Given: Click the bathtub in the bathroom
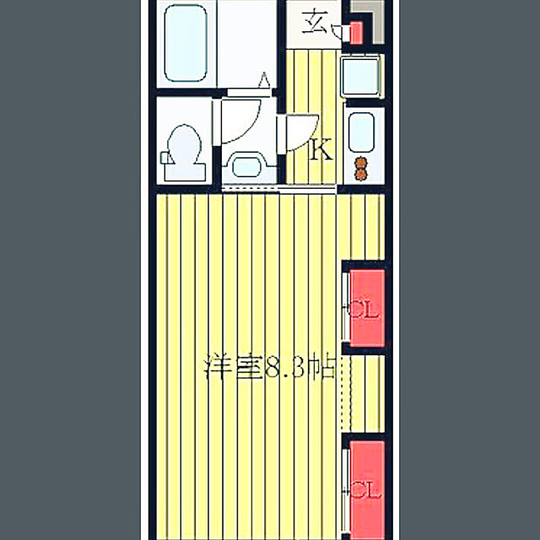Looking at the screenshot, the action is tap(186, 43).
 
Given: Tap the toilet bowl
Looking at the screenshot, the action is tap(184, 143).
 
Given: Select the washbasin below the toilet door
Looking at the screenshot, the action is tap(246, 167).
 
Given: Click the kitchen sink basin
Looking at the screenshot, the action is tap(361, 132).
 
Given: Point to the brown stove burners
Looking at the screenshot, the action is tap(360, 169).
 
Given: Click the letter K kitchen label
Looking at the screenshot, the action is tap(321, 149).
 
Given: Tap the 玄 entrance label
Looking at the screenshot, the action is tap(315, 23).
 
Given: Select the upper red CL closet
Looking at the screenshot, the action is tap(367, 308).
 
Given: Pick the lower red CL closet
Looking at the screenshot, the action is tap(367, 489).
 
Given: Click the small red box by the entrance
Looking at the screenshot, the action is tap(356, 33).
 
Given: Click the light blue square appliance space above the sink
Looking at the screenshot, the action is tap(360, 77).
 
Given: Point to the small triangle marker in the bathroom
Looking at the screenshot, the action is tap(264, 79).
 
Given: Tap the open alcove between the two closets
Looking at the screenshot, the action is tap(364, 394).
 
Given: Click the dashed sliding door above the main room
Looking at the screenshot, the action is tap(279, 188).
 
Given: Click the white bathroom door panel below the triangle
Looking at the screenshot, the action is tap(249, 92).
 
